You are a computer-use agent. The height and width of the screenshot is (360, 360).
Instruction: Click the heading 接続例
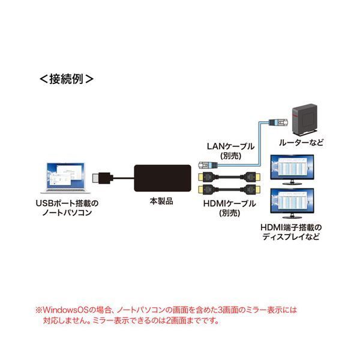coord(67,78)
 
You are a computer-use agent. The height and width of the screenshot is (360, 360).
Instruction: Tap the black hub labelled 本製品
coord(161,178)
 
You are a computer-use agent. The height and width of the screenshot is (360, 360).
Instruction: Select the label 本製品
coord(161,202)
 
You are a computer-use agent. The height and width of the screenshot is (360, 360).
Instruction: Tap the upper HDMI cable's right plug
coord(250,178)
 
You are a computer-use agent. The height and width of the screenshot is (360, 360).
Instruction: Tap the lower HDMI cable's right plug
coord(250,190)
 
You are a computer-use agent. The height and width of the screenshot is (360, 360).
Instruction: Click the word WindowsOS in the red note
coord(65,311)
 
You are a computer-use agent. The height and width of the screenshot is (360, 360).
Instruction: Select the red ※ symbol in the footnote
coord(39,311)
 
